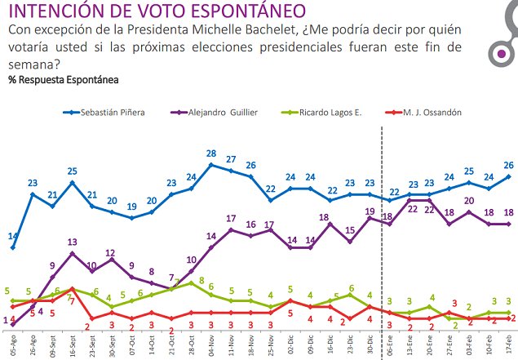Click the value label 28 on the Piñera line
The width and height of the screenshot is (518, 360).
[210, 153]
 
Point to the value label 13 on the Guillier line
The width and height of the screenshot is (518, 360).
[72, 242]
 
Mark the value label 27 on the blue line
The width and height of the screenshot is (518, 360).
[231, 159]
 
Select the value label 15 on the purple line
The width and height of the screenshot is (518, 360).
[350, 230]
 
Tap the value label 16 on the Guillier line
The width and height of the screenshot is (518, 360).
[251, 224]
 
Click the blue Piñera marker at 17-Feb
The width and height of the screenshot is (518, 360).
[510, 176]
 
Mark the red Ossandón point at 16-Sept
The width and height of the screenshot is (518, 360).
[73, 289]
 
